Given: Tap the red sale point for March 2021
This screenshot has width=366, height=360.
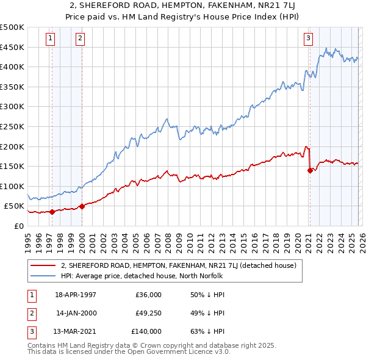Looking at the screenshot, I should pyautogui.click(x=310, y=170).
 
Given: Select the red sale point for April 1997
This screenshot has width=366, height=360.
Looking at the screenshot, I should pyautogui.click(x=52, y=212).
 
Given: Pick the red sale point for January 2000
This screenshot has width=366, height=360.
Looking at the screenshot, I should pyautogui.click(x=82, y=206).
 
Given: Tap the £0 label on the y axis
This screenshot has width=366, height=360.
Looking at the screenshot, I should pyautogui.click(x=18, y=226).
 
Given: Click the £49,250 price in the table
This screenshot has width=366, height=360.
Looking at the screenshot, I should pyautogui.click(x=148, y=313).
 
